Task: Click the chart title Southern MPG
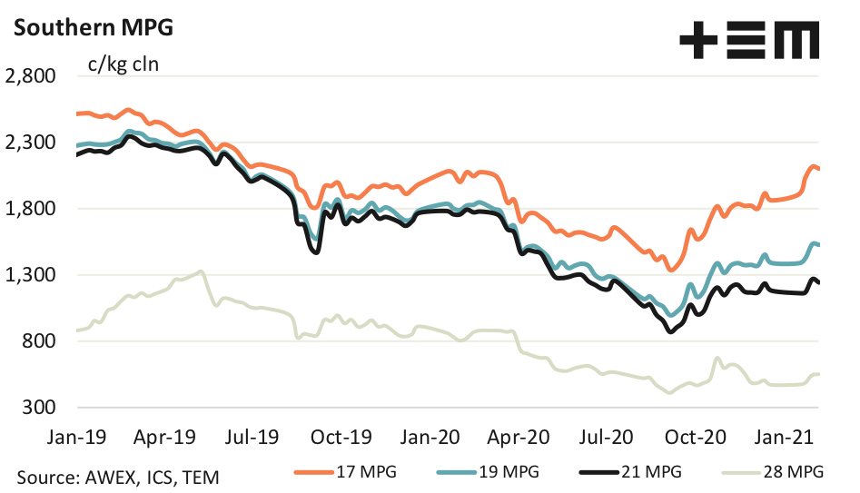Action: point(89,27)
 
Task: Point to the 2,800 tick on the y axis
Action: point(31,76)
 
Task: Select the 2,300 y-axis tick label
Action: point(31,143)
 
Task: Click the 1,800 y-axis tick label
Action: point(31,209)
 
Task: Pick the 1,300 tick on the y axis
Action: point(31,275)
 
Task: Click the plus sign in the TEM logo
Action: point(699,42)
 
